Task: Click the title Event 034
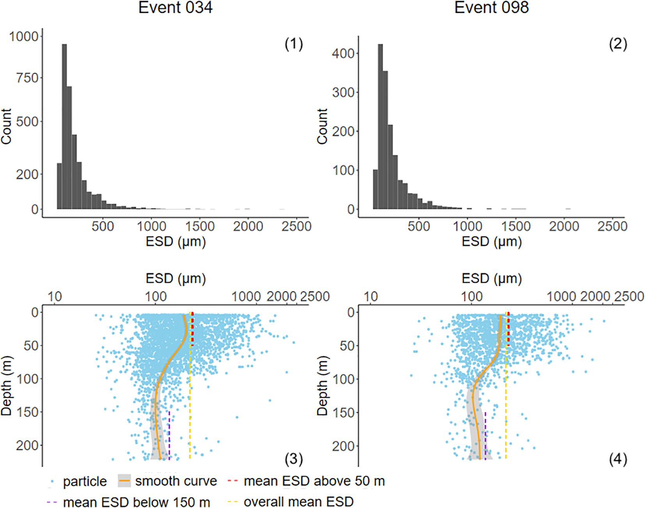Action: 175,8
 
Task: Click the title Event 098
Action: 491,8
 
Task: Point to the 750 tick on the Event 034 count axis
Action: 27,78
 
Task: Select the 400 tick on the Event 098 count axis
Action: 343,53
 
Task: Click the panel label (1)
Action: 294,44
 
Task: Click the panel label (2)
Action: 618,44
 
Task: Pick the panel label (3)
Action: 294,460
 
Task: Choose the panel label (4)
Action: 618,460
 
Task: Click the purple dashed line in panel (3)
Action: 169,433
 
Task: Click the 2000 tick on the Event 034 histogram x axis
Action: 248,226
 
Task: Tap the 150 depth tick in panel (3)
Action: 31,412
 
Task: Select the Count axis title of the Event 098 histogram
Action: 322,127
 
